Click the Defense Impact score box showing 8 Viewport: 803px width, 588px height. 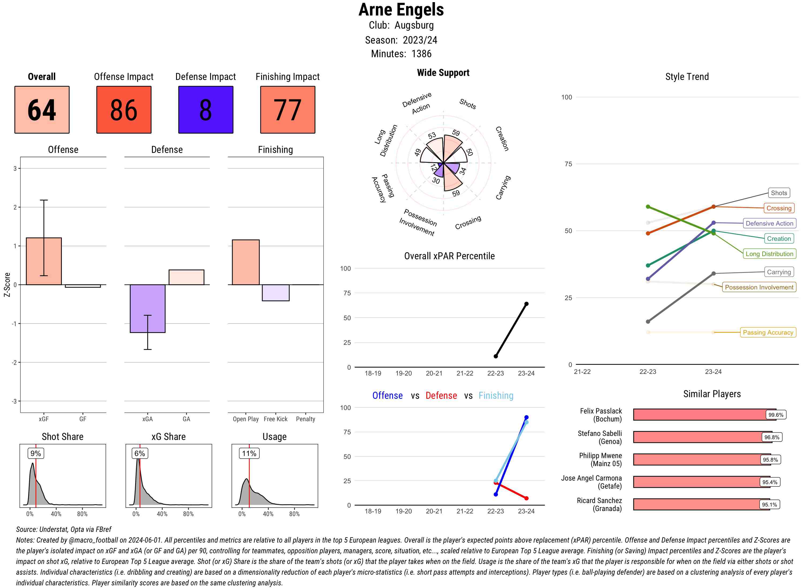205,110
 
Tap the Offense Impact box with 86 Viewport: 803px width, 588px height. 124,110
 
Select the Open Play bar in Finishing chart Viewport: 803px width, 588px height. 245,262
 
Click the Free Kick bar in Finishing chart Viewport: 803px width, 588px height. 275,293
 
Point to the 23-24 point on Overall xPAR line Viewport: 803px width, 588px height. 526,304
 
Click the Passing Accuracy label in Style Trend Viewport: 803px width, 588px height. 768,332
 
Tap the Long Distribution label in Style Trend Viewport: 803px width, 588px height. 769,254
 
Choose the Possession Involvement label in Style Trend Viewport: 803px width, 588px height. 759,287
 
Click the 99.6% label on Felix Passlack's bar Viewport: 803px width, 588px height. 775,415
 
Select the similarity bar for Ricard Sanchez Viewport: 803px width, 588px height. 701,504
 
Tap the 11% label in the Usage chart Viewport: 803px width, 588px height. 249,454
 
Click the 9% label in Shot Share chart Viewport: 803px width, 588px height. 36,454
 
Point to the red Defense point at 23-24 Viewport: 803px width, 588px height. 526,498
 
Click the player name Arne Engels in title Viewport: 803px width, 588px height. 401,10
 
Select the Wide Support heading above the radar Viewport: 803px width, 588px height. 443,73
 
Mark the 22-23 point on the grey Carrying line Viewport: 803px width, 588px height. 647,322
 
